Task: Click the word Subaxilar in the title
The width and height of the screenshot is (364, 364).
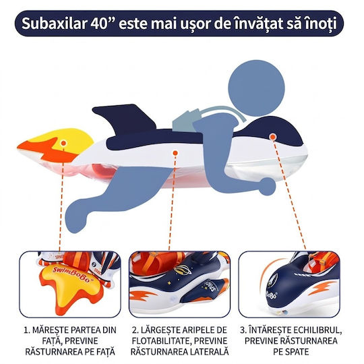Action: [54, 24]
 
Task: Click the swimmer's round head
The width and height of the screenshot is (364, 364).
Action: [256, 88]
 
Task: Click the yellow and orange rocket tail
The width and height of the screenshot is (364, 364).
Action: [56, 146]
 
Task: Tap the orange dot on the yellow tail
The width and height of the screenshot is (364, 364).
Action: [63, 143]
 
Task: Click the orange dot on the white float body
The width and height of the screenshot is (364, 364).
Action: [175, 153]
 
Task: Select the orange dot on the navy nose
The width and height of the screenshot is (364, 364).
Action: [273, 137]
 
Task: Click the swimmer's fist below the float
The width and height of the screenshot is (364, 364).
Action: [268, 186]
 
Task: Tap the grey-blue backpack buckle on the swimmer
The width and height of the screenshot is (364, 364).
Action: [186, 120]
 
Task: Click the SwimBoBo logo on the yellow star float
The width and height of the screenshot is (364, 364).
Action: [72, 274]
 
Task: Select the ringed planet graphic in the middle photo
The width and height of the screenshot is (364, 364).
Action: [182, 270]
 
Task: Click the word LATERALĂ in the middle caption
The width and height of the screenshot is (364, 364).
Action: [209, 351]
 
